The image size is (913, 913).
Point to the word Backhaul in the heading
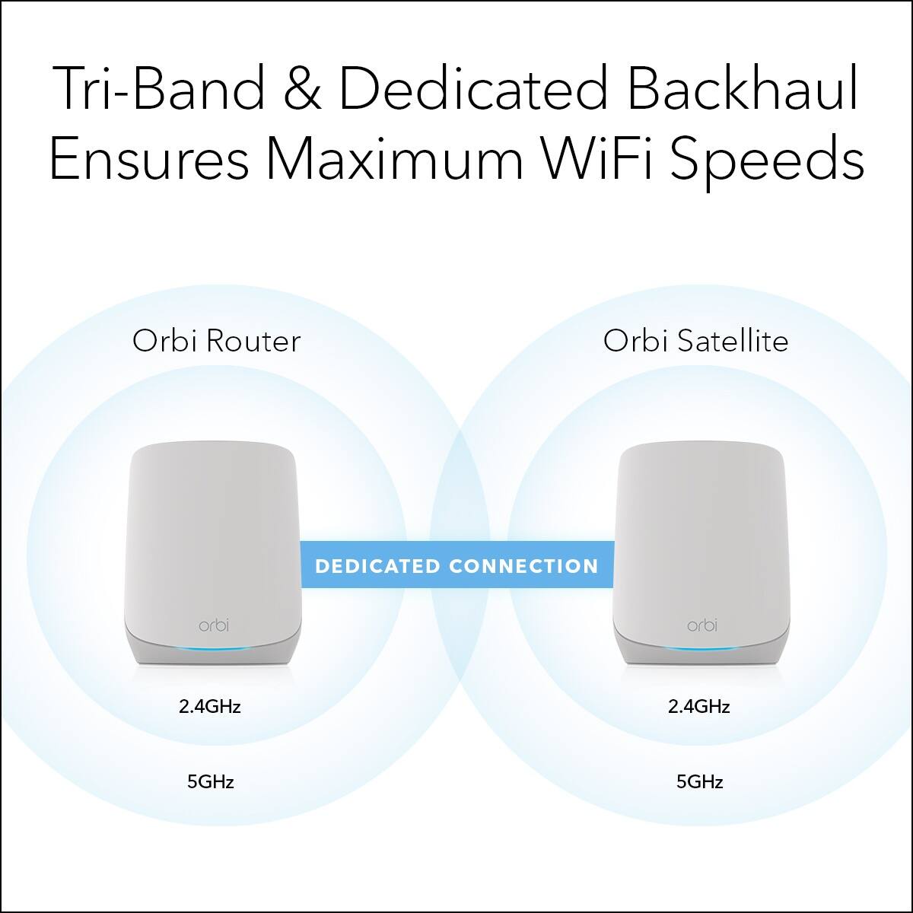[x=744, y=89]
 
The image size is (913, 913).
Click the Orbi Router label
[x=216, y=341]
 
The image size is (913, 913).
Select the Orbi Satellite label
[x=695, y=341]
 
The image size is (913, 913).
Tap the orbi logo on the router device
[x=213, y=625]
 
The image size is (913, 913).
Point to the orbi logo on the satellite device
[x=701, y=625]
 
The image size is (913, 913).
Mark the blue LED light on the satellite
[x=701, y=649]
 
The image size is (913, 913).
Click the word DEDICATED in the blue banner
[x=377, y=566]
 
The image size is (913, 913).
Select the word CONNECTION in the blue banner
[x=523, y=566]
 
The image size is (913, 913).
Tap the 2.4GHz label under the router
[x=210, y=706]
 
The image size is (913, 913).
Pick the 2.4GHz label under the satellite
[x=699, y=706]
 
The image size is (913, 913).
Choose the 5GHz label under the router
[x=210, y=781]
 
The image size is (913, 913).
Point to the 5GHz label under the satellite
[x=699, y=781]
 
